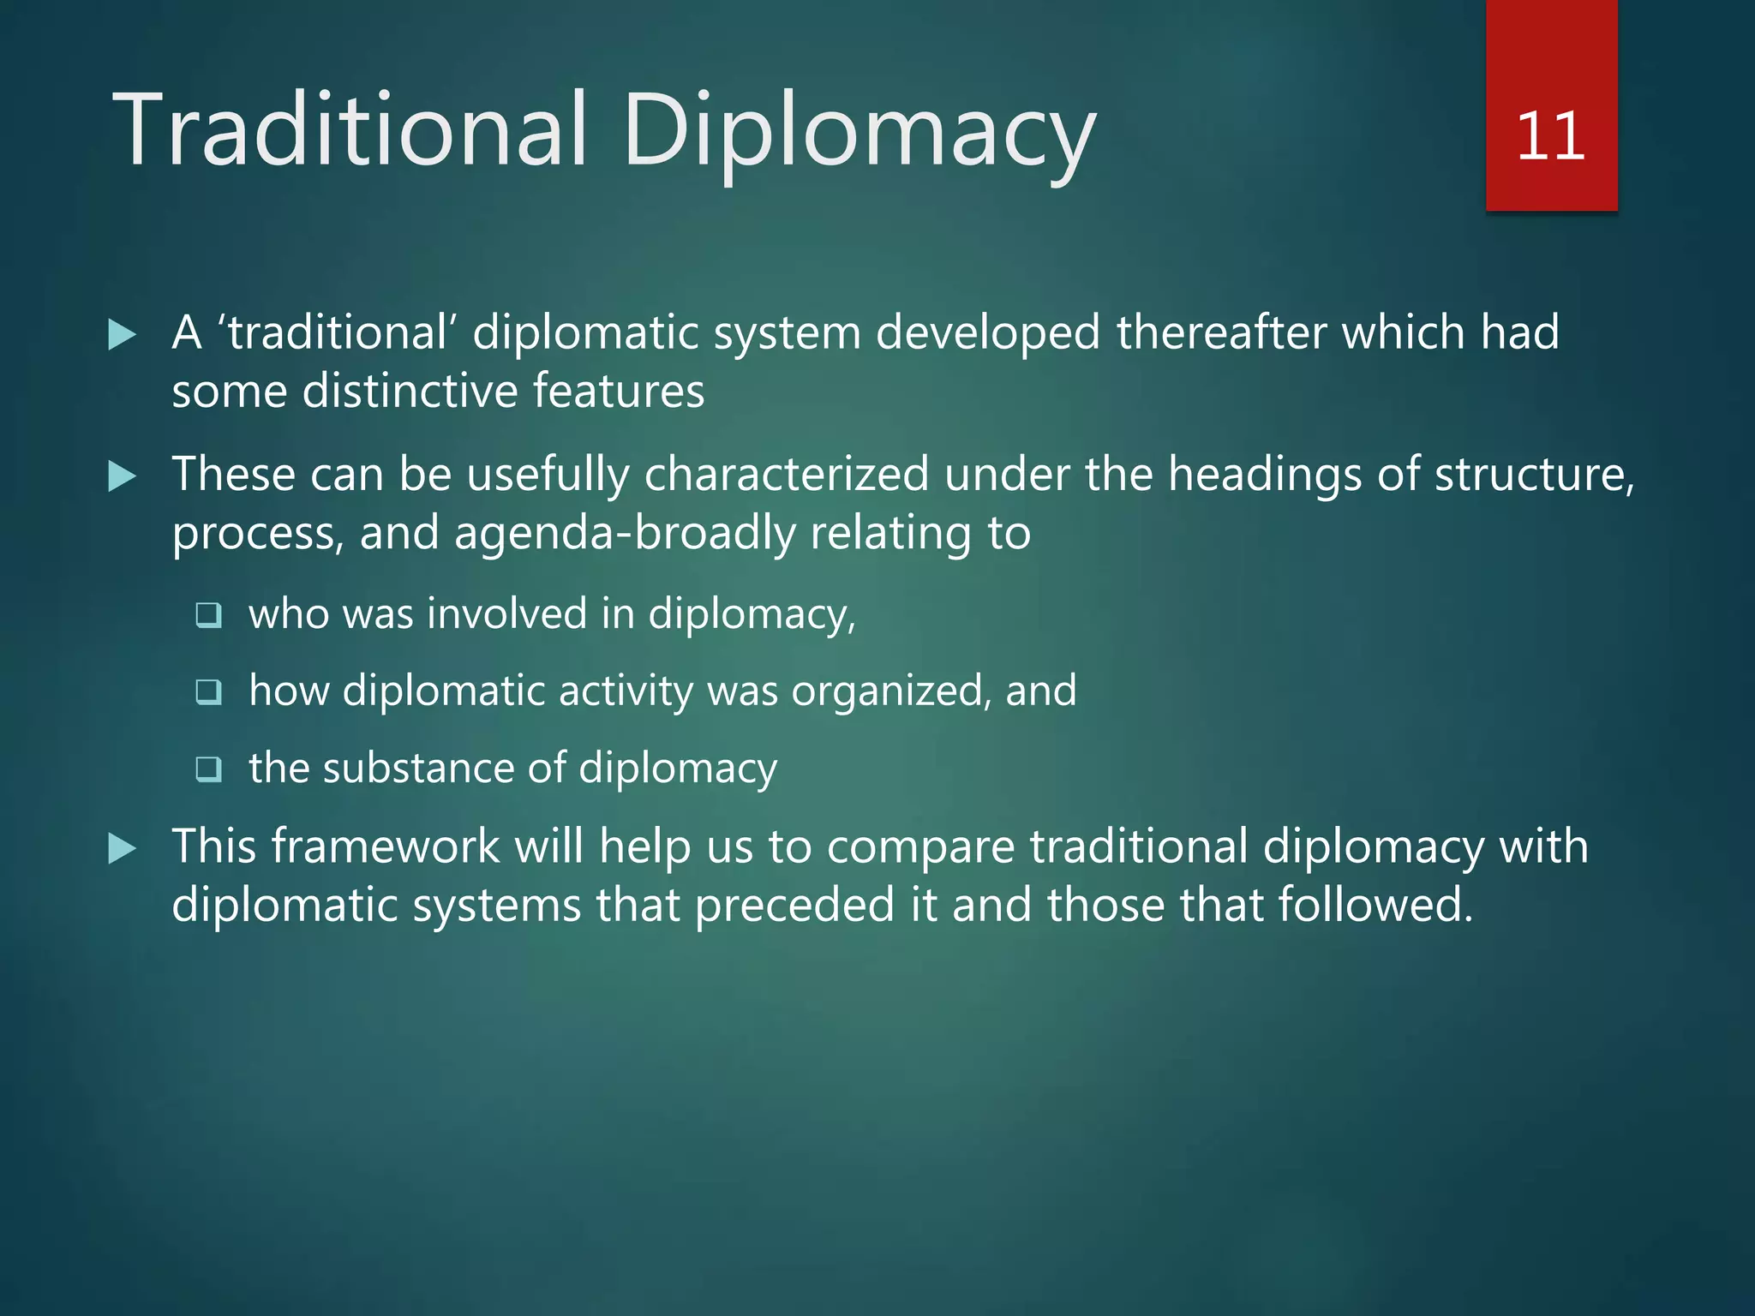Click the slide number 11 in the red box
pos(1550,137)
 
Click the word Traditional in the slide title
pos(351,130)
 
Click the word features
pos(619,392)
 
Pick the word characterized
pos(786,474)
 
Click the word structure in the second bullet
pos(1533,474)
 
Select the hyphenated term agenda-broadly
pos(625,534)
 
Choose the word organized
pos(889,691)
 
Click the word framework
pos(385,846)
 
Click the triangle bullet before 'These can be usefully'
pos(123,476)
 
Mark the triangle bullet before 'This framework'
pos(123,849)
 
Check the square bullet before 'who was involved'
pos(209,615)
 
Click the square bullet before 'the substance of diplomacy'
pos(209,769)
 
